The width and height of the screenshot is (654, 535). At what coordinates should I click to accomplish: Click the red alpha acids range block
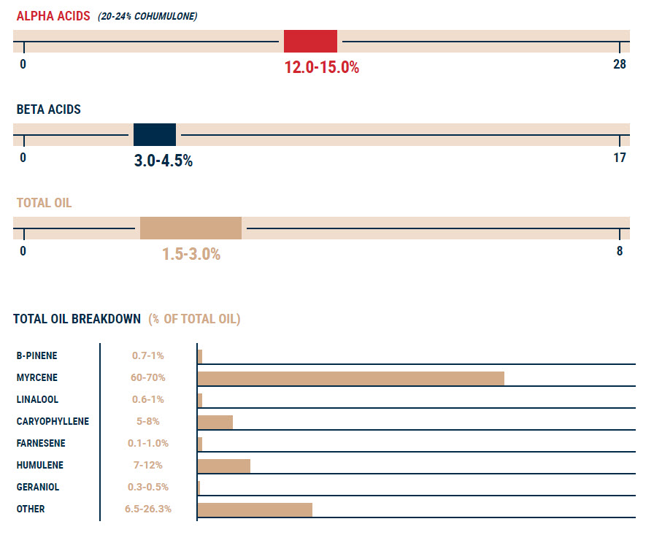tap(310, 41)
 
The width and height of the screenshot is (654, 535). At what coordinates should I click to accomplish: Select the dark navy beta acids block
tap(155, 135)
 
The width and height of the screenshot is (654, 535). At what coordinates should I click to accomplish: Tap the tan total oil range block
tap(191, 228)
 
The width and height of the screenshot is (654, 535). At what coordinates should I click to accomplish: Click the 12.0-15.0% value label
tap(322, 68)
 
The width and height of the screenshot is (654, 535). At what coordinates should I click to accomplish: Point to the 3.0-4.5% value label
tap(163, 161)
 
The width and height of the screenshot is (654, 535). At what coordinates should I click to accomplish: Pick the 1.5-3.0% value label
tap(191, 255)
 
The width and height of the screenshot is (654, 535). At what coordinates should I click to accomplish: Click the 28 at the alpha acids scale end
tap(619, 64)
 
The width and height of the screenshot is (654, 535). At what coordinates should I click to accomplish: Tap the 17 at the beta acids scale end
tap(619, 158)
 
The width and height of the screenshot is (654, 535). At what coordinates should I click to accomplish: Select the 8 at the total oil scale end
tap(620, 251)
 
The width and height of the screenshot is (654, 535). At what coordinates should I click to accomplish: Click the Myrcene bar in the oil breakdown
tap(351, 378)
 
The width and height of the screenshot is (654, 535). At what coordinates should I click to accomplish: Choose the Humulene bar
tap(224, 466)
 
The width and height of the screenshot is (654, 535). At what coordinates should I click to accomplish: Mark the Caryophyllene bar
tap(215, 422)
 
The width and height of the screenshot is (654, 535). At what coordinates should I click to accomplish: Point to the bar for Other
tap(255, 509)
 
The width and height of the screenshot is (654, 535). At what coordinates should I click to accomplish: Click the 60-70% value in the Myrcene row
tap(147, 378)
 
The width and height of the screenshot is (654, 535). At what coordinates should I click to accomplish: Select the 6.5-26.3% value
tap(147, 509)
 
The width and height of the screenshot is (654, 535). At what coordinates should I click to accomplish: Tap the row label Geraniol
tap(38, 488)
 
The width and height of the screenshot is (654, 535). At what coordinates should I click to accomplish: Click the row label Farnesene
tap(41, 444)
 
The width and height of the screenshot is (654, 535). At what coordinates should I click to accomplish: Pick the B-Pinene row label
tap(37, 356)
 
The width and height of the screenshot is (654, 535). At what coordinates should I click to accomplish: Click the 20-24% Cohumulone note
tap(147, 16)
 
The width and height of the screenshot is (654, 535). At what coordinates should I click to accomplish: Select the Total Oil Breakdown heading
tap(77, 319)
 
